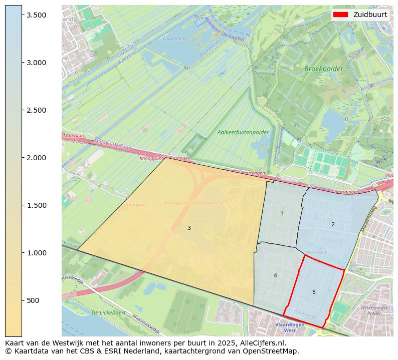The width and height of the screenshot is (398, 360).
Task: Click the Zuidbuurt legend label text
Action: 370,15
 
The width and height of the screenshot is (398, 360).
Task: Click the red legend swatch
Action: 341,15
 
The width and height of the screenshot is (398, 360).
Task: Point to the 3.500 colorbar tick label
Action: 37,15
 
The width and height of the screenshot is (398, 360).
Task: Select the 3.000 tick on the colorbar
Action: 37,63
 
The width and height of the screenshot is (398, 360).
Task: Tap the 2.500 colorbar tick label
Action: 37,110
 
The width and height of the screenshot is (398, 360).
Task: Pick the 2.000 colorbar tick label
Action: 37,158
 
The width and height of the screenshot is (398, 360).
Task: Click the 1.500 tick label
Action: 37,205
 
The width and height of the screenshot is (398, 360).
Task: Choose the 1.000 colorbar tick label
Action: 37,253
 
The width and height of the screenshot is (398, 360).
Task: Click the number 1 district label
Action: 282,214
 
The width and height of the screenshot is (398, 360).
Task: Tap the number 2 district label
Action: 333,224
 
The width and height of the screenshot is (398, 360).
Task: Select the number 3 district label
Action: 189,228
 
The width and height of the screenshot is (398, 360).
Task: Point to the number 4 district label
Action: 275,275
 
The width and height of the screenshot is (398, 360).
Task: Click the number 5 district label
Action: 314,292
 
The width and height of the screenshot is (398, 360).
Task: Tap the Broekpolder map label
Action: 323,69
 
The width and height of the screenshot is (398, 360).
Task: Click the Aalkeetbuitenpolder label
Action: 243,133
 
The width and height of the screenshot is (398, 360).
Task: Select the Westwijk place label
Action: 316,252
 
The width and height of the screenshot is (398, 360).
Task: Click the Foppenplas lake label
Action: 175,38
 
